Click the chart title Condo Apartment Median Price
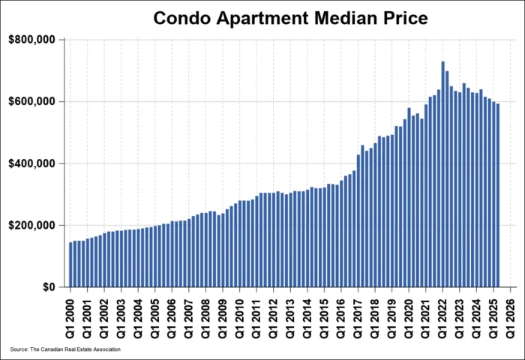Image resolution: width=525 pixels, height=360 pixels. [290, 18]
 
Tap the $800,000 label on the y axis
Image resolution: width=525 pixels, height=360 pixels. [32, 39]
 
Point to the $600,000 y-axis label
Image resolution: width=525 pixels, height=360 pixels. [32, 101]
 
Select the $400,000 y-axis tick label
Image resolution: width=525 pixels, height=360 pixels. [32, 163]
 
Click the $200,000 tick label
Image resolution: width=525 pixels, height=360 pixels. [32, 225]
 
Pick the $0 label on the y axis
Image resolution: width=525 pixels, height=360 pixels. [48, 287]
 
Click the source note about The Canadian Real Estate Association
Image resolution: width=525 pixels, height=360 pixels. [65, 349]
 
